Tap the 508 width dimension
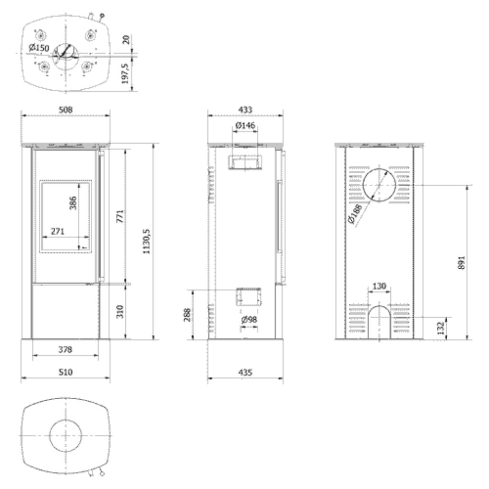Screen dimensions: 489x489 66,110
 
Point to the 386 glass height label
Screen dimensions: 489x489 73,203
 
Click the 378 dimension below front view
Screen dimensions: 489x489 65,350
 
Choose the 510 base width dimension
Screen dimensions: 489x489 66,373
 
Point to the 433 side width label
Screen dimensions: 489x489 245,110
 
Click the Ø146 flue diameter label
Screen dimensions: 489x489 245,125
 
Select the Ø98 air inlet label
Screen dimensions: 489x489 249,320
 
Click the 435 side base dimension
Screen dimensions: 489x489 245,373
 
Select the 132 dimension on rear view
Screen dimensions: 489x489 441,328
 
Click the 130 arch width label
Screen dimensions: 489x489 380,286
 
